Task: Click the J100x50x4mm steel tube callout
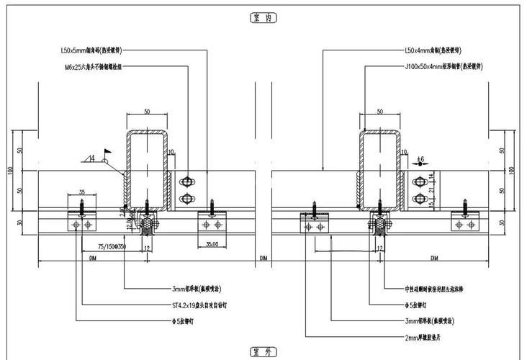[443, 66]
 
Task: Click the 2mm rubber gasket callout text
[430, 336]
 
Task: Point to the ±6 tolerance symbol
[421, 159]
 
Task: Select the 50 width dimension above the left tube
[147, 112]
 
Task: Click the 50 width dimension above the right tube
[379, 112]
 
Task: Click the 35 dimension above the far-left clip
[81, 193]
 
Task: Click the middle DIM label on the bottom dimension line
[263, 257]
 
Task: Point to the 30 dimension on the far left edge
[19, 222]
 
